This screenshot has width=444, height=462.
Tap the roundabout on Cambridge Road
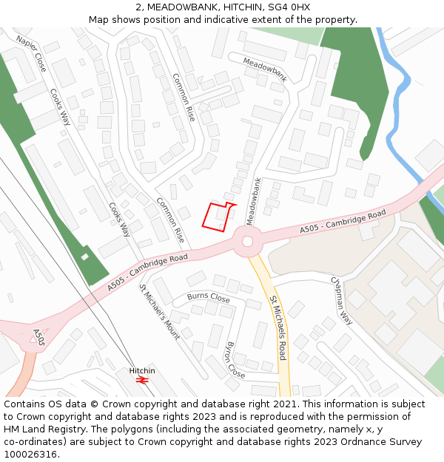point(247,240)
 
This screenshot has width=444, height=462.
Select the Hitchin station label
point(143,370)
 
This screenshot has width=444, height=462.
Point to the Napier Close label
point(31,54)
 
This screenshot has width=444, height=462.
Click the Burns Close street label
point(208,297)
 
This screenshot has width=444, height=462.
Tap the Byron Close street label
point(235,360)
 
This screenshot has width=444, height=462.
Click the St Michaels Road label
point(277,328)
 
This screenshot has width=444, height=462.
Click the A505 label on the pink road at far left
point(38,339)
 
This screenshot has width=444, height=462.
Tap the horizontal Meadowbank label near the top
point(264,69)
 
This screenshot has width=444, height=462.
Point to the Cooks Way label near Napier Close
point(60,107)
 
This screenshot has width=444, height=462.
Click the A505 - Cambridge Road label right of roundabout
point(343,222)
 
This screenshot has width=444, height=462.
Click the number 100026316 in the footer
point(30,454)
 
